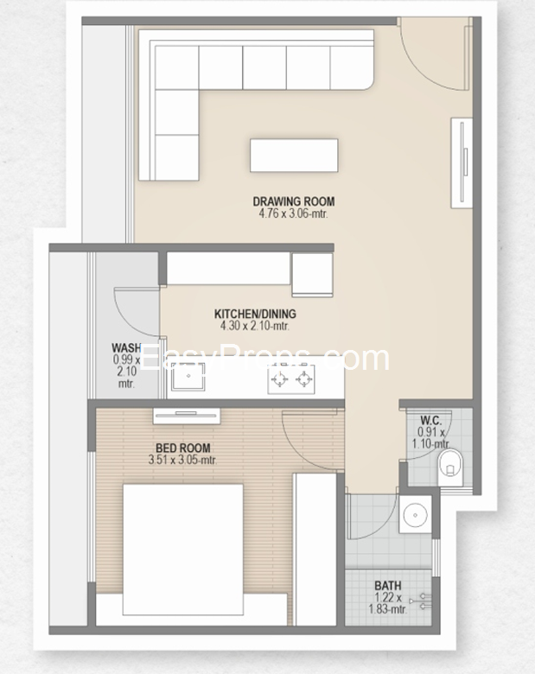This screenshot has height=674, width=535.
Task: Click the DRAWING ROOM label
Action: (294, 201)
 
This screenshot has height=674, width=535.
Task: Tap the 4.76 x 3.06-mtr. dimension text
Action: (293, 213)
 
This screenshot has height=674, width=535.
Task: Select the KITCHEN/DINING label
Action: (255, 314)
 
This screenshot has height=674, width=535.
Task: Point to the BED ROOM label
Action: (183, 448)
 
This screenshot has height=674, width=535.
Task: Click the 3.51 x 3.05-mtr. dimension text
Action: (182, 460)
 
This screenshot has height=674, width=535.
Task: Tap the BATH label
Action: (388, 586)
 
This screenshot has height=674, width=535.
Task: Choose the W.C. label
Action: (430, 420)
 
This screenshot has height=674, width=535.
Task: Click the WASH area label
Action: (126, 347)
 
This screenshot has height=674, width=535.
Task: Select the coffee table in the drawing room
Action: (294, 156)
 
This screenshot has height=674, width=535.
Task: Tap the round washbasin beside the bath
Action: (415, 514)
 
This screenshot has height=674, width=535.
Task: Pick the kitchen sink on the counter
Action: (188, 377)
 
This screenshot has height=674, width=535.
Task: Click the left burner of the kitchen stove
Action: (279, 379)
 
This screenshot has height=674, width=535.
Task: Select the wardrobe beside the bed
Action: (315, 550)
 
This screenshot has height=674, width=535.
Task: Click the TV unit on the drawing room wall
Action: (462, 162)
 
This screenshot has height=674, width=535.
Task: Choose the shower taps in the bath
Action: (422, 601)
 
